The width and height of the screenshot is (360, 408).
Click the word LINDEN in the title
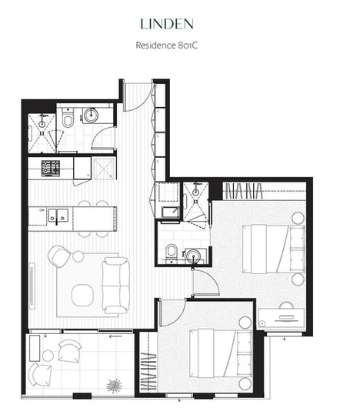point(179,24)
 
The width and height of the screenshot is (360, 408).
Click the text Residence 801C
point(179,45)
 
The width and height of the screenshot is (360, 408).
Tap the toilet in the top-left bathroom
point(68,119)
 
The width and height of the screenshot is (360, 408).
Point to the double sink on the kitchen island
point(58,216)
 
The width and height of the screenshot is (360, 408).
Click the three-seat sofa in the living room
point(117,283)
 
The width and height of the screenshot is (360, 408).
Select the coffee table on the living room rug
point(82,293)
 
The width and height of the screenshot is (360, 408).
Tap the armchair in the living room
point(58,257)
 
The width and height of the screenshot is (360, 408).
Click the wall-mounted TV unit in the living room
point(32,279)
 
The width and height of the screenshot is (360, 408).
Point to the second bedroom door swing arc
point(172,312)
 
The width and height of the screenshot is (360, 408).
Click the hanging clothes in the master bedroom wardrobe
point(246,189)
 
